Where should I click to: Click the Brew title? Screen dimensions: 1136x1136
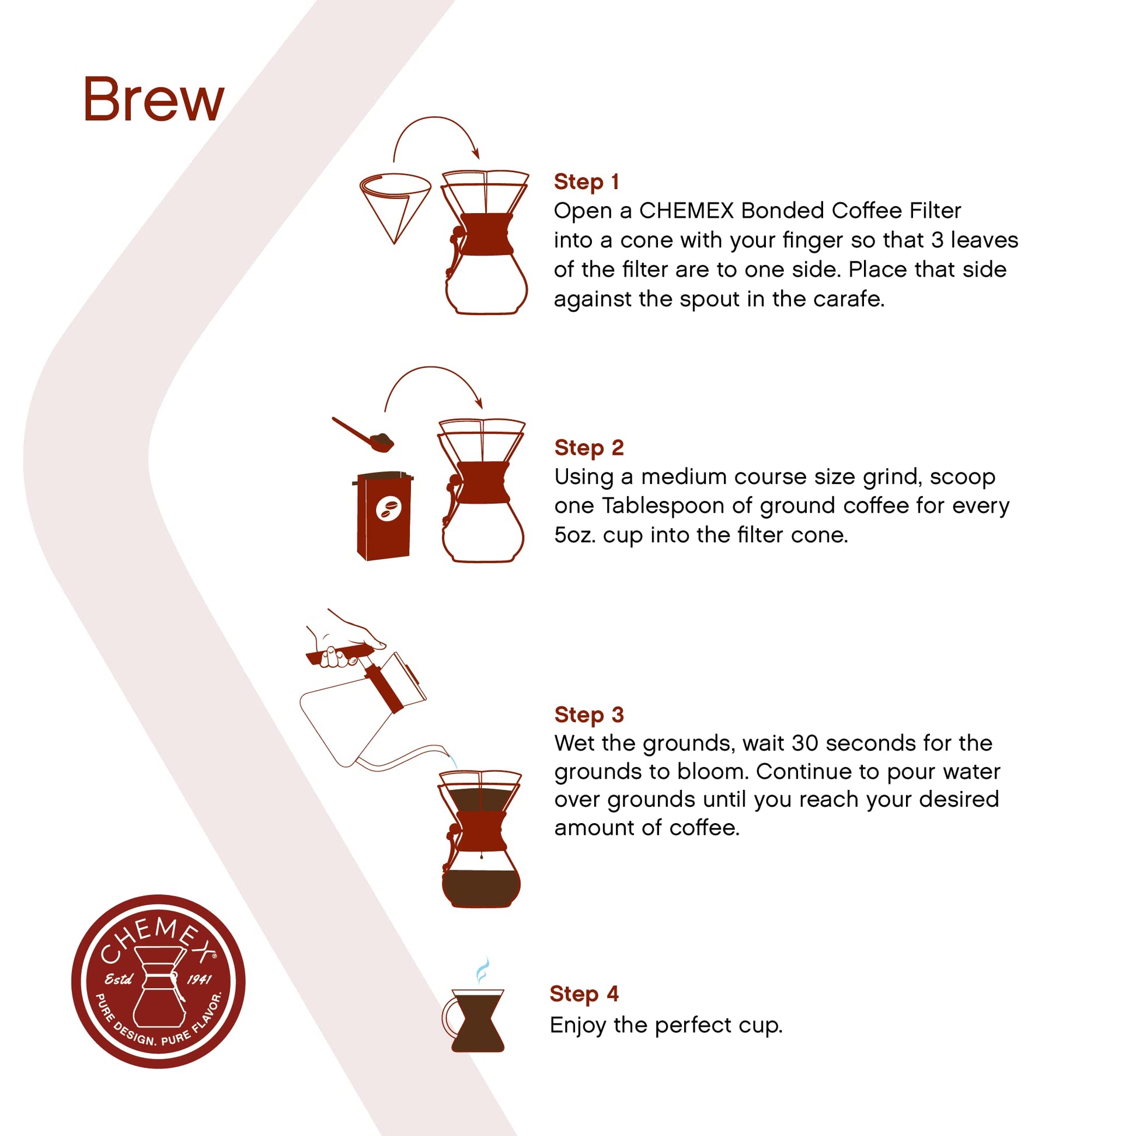154,100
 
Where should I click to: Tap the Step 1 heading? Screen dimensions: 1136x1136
586,182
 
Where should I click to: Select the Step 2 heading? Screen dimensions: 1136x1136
588,448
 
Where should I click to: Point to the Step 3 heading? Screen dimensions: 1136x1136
588,715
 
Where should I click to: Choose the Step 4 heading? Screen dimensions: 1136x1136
584,993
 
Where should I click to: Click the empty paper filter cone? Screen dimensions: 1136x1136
395,203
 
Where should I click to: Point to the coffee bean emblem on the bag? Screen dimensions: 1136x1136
388,508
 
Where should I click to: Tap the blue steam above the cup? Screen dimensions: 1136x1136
482,970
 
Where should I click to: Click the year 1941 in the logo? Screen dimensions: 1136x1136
198,980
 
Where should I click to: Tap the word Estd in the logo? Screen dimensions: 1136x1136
118,980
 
